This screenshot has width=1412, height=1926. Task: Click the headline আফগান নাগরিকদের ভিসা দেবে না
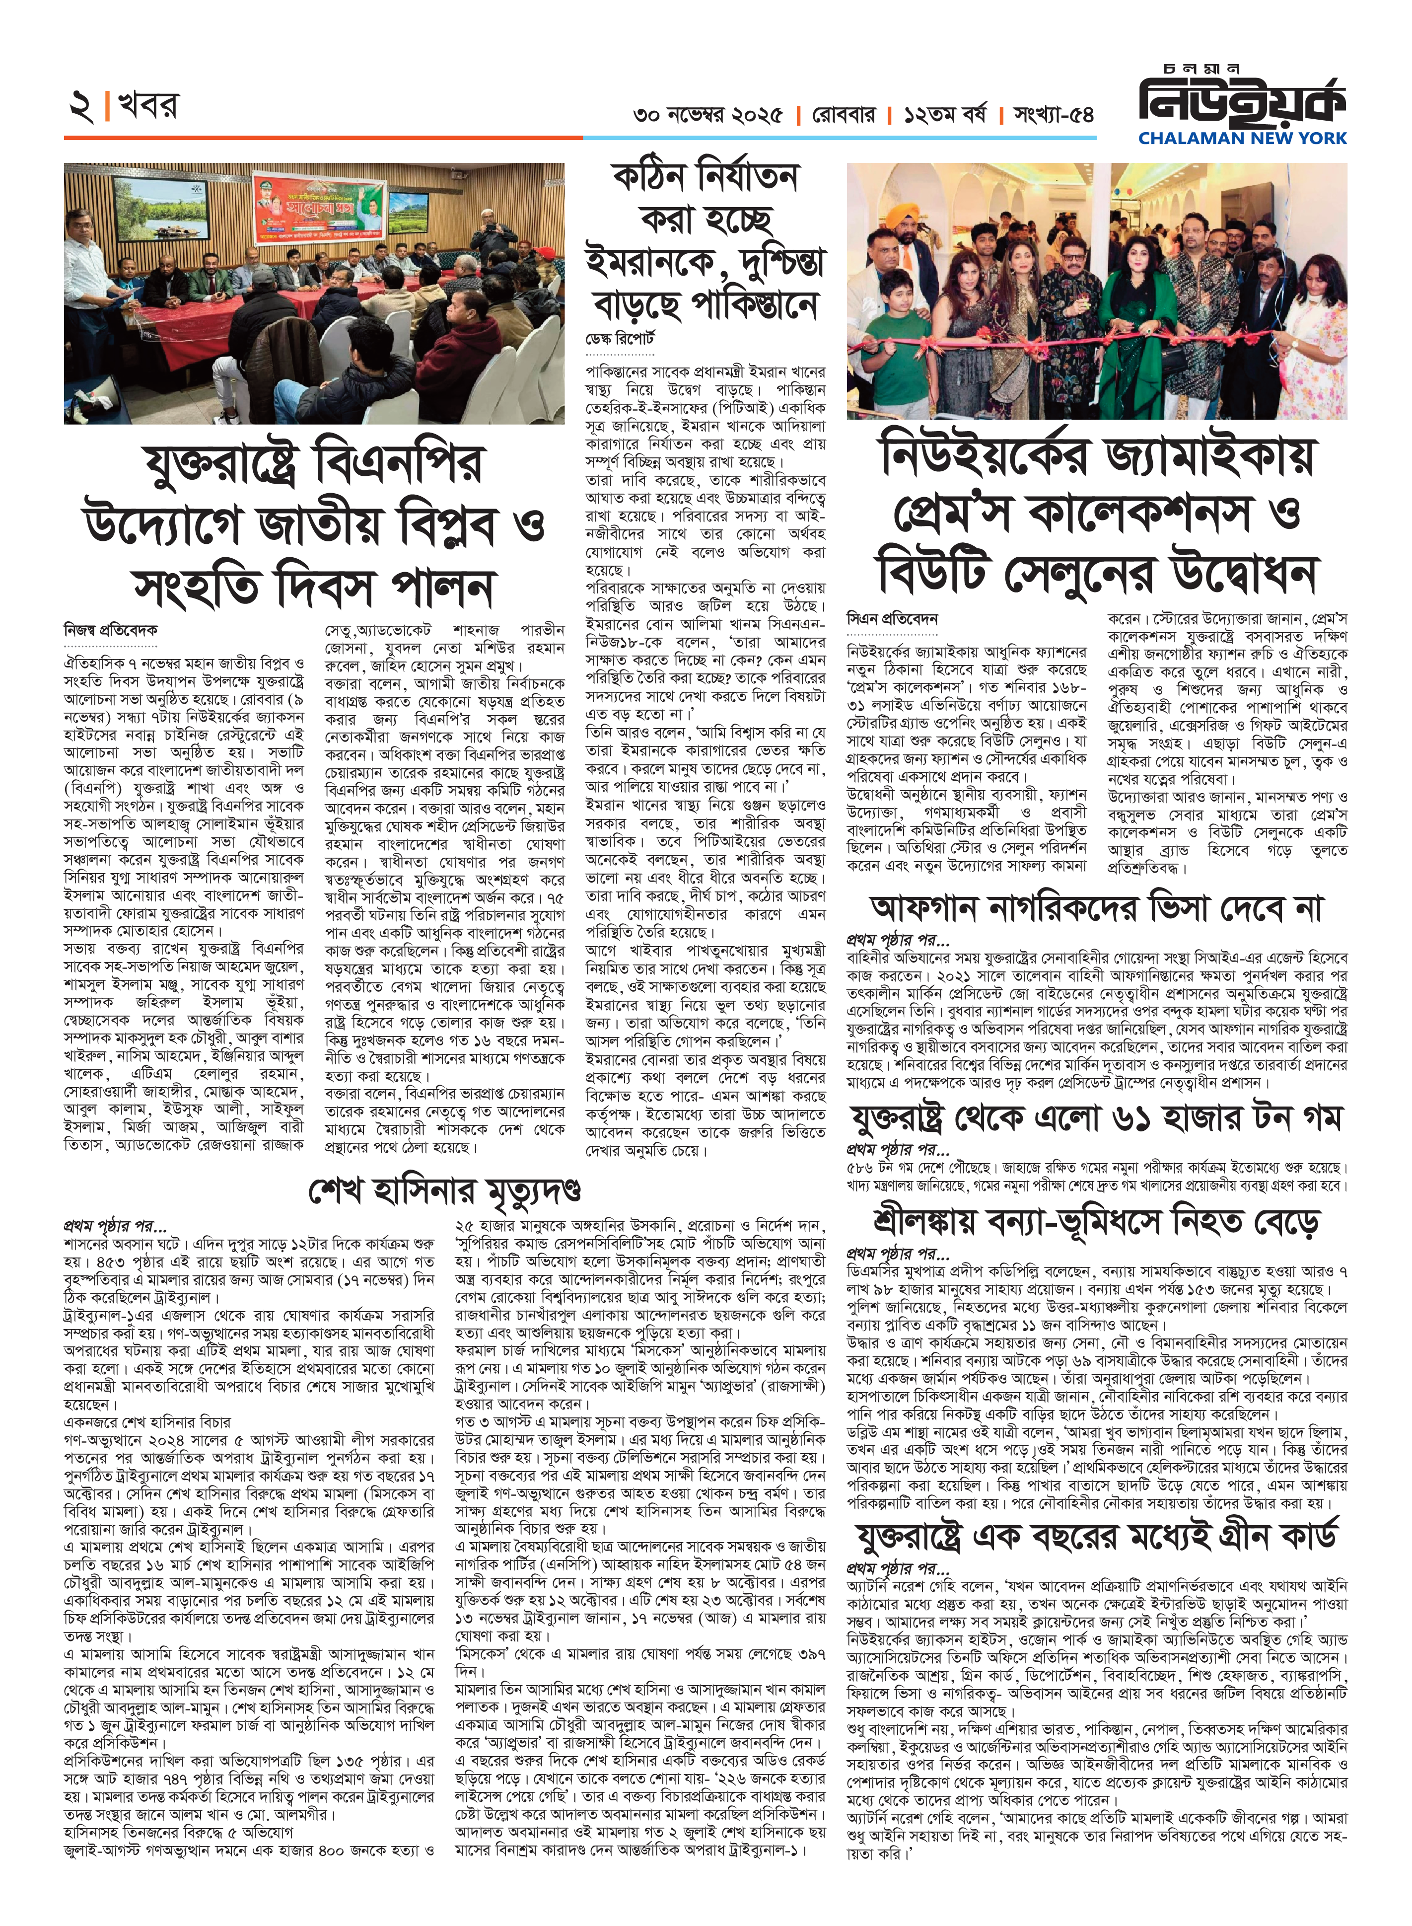coord(1097,908)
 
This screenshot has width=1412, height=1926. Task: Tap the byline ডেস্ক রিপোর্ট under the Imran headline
coord(620,339)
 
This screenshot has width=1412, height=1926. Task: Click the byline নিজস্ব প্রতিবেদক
coord(111,630)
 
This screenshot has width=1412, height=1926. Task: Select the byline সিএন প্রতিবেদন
coord(892,617)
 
